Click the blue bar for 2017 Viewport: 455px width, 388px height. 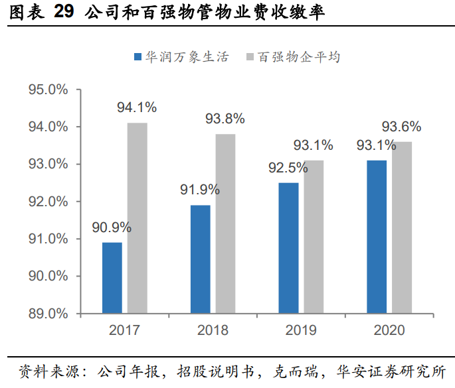pyautogui.click(x=112, y=278)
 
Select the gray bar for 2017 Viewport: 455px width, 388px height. pyautogui.click(x=137, y=218)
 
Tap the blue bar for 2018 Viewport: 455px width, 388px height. pyautogui.click(x=200, y=259)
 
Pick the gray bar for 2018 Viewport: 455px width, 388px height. pyautogui.click(x=225, y=224)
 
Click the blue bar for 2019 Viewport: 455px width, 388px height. pyautogui.click(x=288, y=248)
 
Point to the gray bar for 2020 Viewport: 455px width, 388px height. pyautogui.click(x=401, y=227)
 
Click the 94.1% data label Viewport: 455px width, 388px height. pyautogui.click(x=137, y=107)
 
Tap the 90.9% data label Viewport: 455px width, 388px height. pyautogui.click(x=112, y=227)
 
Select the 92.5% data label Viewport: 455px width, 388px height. pyautogui.click(x=288, y=168)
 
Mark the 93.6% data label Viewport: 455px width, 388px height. pyautogui.click(x=401, y=127)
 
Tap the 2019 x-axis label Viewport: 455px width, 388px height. pyautogui.click(x=301, y=330)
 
